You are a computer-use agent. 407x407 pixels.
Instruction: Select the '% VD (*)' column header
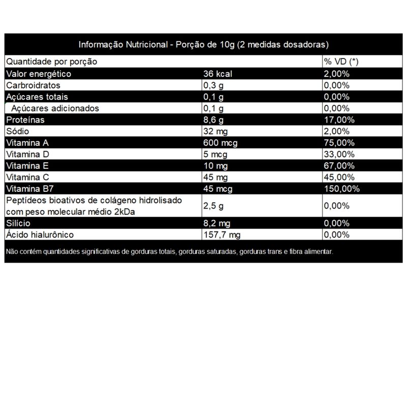click(341, 62)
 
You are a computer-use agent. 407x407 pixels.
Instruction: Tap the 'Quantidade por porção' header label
click(51, 62)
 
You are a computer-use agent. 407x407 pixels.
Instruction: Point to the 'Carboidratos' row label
click(33, 85)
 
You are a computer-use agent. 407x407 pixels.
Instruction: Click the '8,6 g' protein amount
click(213, 120)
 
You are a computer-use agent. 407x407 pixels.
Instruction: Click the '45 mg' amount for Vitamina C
click(214, 178)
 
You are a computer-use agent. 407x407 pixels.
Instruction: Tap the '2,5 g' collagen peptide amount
click(213, 206)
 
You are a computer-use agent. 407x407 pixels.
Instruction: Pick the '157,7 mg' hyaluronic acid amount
click(221, 235)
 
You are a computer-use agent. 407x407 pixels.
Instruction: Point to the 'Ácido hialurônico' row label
click(40, 235)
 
